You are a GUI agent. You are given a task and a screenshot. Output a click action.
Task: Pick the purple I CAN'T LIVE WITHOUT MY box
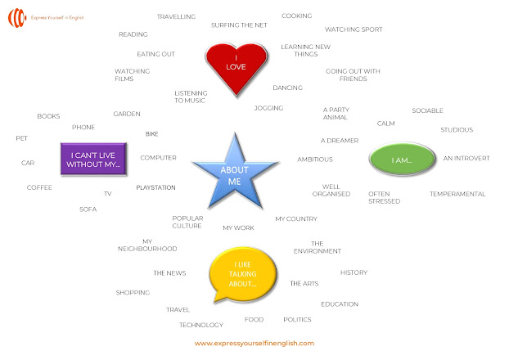96,159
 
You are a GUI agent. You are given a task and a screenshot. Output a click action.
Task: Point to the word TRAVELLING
176,16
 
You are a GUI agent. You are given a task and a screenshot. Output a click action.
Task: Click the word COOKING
297,16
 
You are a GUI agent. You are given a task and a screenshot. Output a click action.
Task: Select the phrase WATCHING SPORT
354,29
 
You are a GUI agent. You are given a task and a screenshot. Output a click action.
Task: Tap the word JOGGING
268,108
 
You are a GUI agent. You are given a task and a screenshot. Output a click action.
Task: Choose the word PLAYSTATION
155,187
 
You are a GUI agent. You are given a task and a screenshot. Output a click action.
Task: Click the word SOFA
88,209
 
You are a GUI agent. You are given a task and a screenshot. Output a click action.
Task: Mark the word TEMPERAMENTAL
457,194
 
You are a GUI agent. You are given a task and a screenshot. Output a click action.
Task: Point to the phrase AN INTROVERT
465,158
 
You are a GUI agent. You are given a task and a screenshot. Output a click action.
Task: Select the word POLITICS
297,319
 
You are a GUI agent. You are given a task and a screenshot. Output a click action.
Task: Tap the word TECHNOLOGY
201,325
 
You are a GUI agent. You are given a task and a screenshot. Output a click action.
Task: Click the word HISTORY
354,272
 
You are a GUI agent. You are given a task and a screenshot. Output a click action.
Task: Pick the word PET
21,138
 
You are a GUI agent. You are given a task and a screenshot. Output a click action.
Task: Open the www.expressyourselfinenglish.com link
254,344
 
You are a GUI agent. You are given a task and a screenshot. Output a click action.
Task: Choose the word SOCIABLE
427,110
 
